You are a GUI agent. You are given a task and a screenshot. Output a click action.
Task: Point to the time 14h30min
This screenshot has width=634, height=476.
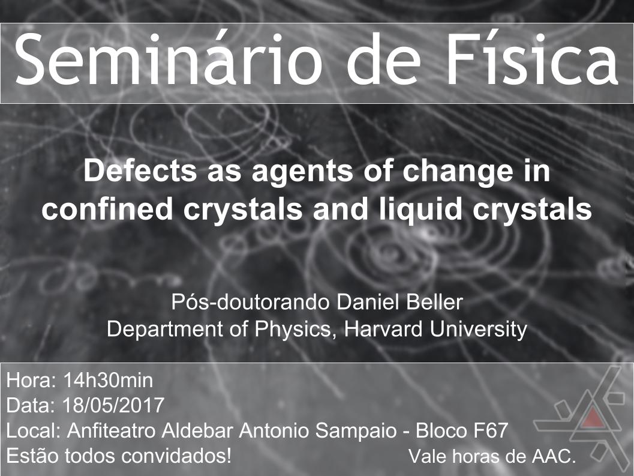(108, 381)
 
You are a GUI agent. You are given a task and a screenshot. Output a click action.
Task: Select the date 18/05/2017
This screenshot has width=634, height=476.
(113, 405)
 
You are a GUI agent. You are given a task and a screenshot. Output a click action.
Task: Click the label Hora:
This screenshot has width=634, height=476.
(31, 381)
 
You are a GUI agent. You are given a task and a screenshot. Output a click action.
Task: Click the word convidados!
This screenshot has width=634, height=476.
(176, 456)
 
